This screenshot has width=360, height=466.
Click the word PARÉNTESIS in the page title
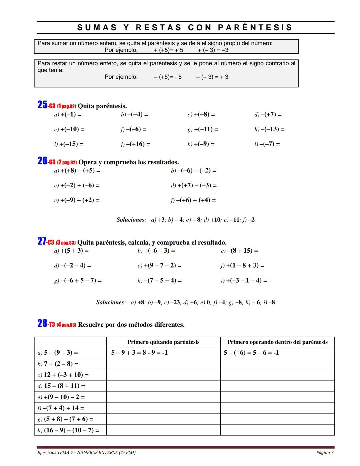pyautogui.click(x=255, y=28)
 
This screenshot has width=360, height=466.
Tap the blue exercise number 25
pyautogui.click(x=42, y=105)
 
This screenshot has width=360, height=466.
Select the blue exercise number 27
pyautogui.click(x=42, y=241)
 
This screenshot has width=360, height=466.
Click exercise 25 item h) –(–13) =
pyautogui.click(x=269, y=129)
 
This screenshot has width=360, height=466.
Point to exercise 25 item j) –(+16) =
pyautogui.click(x=135, y=144)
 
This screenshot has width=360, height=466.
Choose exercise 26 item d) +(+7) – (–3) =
pyautogui.click(x=194, y=185)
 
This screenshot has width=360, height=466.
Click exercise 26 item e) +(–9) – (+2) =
pyautogui.click(x=77, y=200)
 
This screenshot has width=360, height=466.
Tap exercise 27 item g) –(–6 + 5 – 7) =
pyautogui.click(x=78, y=281)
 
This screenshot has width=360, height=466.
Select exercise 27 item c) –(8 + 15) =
pyautogui.click(x=239, y=251)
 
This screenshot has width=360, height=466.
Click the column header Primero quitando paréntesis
pyautogui.click(x=163, y=342)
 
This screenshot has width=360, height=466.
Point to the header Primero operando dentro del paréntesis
pyautogui.click(x=277, y=342)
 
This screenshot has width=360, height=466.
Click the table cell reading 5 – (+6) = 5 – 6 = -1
pyautogui.click(x=251, y=353)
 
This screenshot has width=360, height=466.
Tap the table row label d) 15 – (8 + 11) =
pyautogui.click(x=61, y=386)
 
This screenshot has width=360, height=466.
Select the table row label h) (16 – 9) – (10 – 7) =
pyautogui.click(x=68, y=430)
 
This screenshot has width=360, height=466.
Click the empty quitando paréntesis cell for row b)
pyautogui.click(x=163, y=364)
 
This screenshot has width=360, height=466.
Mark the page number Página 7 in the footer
pyautogui.click(x=325, y=453)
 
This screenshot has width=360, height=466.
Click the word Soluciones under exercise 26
pyautogui.click(x=131, y=220)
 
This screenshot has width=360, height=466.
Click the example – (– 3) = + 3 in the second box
pyautogui.click(x=212, y=77)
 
